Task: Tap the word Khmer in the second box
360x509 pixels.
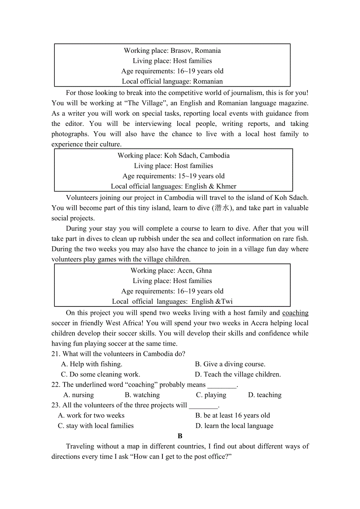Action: coord(226,186)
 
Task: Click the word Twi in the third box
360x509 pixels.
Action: coord(227,301)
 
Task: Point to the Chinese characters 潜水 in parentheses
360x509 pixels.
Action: coord(222,208)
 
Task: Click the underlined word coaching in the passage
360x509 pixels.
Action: coord(295,313)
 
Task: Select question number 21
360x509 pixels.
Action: coord(56,354)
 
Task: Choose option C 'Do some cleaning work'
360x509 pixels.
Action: coord(101,375)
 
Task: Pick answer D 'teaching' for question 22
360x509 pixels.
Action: coord(265,395)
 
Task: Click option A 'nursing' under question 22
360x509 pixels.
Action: coord(79,395)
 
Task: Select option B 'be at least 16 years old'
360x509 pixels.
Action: coord(232,416)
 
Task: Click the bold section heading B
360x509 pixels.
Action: coord(180,436)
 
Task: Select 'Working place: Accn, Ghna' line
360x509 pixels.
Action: coord(171,271)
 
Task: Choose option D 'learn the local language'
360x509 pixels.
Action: coord(234,426)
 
